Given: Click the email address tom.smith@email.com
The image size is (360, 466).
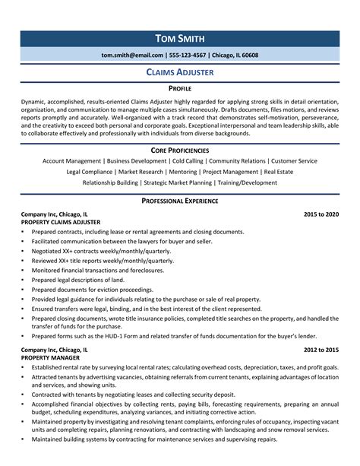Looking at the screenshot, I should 132,55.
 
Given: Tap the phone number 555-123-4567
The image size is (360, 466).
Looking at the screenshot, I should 189,55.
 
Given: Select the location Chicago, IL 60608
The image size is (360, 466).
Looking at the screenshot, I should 235,55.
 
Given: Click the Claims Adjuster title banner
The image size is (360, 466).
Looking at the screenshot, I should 179,72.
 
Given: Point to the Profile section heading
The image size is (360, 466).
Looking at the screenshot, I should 179,88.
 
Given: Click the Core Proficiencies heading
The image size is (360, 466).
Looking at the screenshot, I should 179,151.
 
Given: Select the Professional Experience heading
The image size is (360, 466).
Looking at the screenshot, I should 179,201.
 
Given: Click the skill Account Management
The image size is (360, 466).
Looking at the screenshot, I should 72,161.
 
